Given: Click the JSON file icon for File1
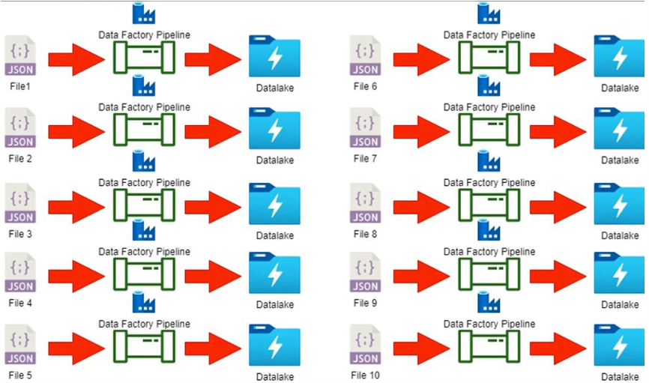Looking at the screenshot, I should tap(19, 56).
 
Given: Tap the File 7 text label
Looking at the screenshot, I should tap(365, 159).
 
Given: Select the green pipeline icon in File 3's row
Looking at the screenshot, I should tap(144, 205).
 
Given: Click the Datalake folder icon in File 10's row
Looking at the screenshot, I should tap(620, 346).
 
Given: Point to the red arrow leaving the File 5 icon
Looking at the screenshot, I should tap(76, 349).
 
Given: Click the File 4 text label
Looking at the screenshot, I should tap(20, 304).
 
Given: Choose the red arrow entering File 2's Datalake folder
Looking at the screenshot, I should tap(213, 132).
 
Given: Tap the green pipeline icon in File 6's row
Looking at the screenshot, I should tap(489, 58).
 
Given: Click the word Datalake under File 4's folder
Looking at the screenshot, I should tap(275, 305).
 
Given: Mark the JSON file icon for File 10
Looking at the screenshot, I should tap(365, 345).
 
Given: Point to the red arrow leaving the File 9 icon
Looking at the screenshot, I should tap(420, 276).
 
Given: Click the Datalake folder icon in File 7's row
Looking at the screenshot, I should tap(620, 129).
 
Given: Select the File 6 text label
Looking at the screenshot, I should tap(365, 87).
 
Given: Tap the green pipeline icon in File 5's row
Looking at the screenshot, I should tap(144, 347).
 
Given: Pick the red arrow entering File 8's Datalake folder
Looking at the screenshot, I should tap(558, 205).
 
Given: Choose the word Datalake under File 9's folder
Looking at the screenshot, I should tap(620, 305).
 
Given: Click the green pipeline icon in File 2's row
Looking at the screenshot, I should tap(144, 130).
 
